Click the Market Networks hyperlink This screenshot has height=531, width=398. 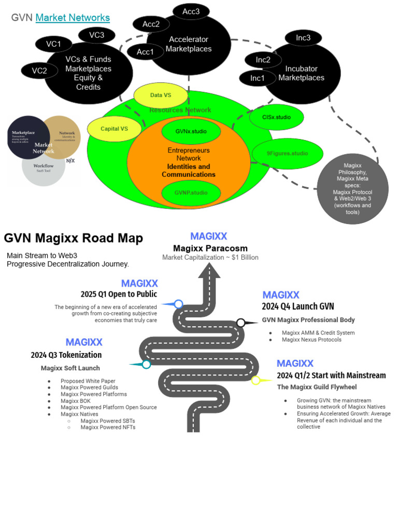(73, 18)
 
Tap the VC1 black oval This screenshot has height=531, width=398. (53, 44)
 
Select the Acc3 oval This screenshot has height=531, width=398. (191, 12)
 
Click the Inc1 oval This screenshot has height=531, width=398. (257, 78)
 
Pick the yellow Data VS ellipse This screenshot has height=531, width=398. (160, 95)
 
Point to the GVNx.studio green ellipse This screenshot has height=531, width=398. (191, 132)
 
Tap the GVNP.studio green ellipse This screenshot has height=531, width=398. (191, 193)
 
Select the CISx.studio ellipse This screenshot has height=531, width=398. (277, 118)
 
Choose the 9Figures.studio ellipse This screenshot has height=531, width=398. (287, 153)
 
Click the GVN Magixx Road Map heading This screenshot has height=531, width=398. (74, 238)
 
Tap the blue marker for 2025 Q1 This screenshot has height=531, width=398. (178, 304)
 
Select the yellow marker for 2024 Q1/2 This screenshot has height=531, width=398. (255, 380)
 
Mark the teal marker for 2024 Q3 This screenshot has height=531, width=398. (146, 365)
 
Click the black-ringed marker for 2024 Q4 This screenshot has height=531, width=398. (240, 323)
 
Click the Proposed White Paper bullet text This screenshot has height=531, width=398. (88, 381)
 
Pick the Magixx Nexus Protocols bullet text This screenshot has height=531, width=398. (311, 340)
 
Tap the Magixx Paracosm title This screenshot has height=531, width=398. (210, 248)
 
